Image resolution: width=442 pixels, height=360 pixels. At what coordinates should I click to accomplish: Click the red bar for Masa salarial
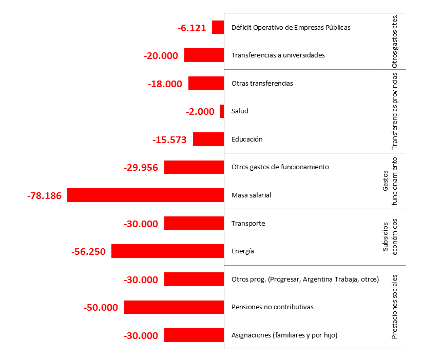tap(146, 195)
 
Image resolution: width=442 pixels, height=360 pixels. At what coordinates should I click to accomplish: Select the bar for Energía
tap(168, 251)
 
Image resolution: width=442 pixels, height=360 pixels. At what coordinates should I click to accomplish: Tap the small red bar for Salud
tap(222, 111)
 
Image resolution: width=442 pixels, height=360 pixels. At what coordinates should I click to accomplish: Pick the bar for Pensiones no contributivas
tap(174, 307)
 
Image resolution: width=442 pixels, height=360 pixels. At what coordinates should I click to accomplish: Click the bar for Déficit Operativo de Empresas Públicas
tap(218, 27)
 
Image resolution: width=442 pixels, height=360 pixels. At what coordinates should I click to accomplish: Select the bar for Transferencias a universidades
tap(204, 55)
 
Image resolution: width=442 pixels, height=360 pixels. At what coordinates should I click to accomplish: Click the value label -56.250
tap(88, 251)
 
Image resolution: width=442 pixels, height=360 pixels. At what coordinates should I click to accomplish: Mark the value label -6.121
tap(191, 28)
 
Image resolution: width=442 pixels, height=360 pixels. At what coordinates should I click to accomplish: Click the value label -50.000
tap(101, 307)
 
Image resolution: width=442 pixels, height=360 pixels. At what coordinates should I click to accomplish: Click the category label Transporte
tap(248, 223)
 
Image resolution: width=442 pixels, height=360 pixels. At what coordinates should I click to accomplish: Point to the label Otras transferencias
tap(262, 83)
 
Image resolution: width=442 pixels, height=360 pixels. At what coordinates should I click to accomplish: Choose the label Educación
tap(247, 139)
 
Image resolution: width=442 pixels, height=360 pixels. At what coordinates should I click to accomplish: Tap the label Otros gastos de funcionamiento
tap(280, 167)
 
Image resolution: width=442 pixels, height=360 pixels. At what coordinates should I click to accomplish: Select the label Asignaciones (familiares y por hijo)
tap(284, 335)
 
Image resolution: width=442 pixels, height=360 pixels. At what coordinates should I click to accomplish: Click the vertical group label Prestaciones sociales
tap(395, 307)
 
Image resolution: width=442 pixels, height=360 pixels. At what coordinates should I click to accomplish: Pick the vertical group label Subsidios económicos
tap(390, 237)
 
